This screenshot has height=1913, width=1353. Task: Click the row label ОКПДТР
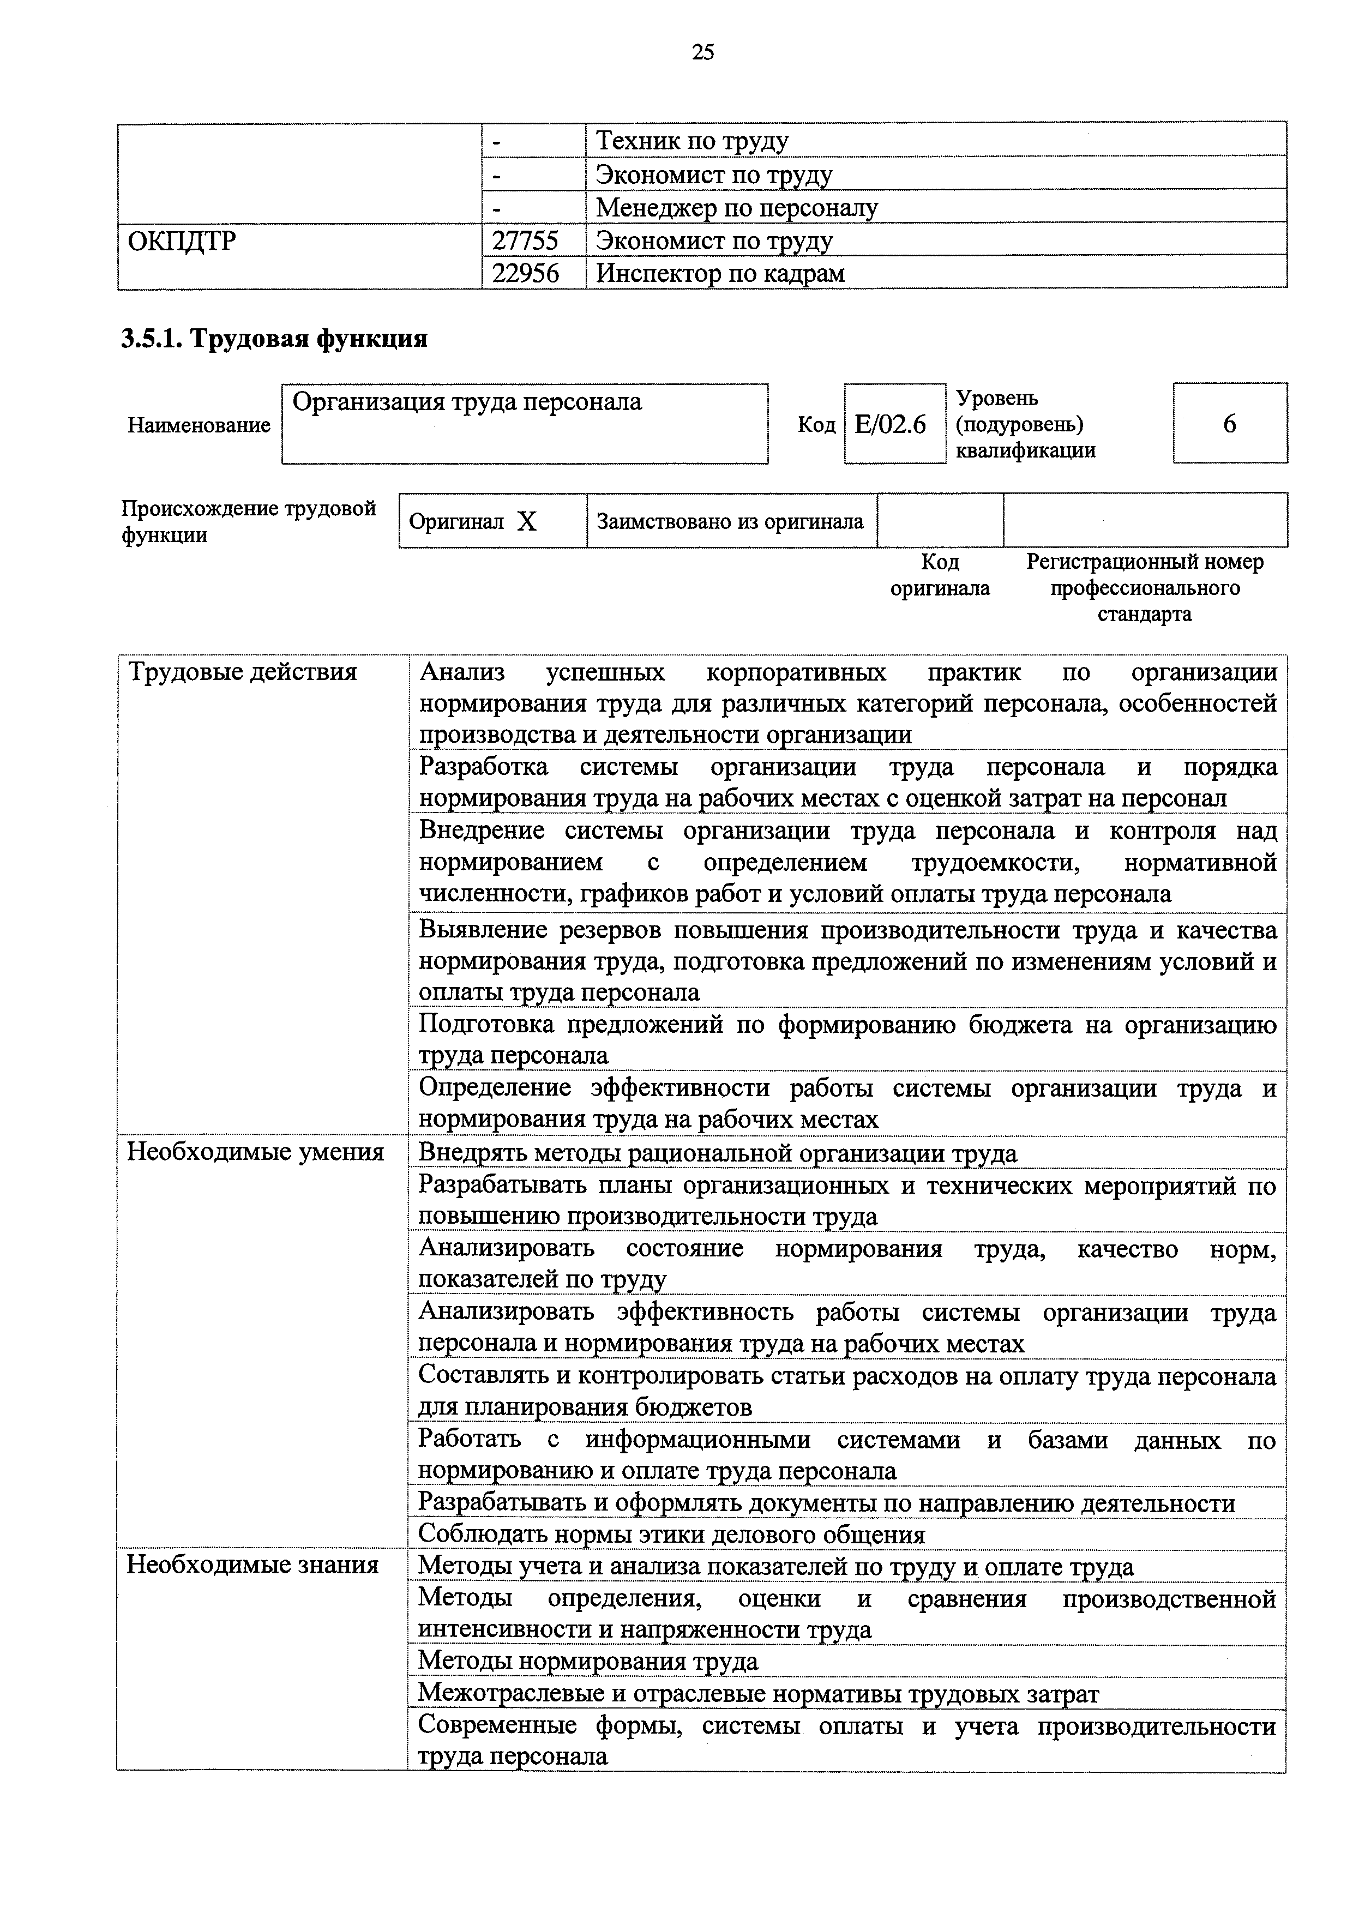[182, 242]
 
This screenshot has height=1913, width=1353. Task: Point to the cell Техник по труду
[691, 142]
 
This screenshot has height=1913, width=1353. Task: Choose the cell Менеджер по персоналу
[736, 207]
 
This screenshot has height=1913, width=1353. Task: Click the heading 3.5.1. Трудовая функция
[274, 339]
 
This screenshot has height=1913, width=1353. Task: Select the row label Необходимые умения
[255, 1152]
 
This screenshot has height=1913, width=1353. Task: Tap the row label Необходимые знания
[252, 1565]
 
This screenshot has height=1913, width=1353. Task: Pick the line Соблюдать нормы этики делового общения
[671, 1534]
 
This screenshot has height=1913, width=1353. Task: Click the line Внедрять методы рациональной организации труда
[717, 1153]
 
